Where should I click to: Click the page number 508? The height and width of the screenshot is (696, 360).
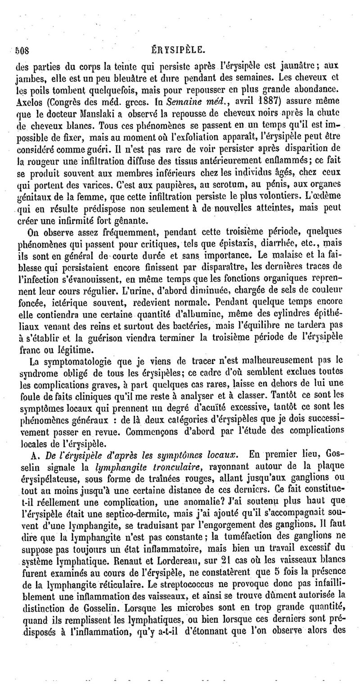[22, 49]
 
